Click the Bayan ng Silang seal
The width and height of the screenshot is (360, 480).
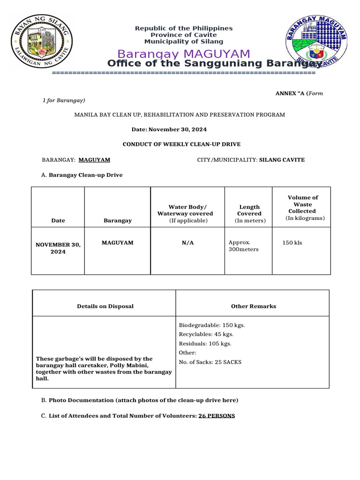[42, 41]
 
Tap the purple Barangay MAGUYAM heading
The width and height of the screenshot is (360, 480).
[184, 54]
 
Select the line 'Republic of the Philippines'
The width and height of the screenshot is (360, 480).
[184, 29]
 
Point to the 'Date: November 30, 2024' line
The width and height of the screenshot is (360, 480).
[169, 129]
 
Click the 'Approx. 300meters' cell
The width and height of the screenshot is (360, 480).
[243, 246]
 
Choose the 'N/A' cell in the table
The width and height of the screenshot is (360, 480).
[187, 243]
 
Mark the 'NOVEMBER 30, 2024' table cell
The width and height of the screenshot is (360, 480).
[58, 248]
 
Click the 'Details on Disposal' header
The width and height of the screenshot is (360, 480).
[105, 306]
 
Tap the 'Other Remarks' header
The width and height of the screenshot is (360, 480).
[253, 306]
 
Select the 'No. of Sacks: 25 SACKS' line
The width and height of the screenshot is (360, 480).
[210, 362]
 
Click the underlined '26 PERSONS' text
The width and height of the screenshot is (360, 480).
[217, 416]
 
